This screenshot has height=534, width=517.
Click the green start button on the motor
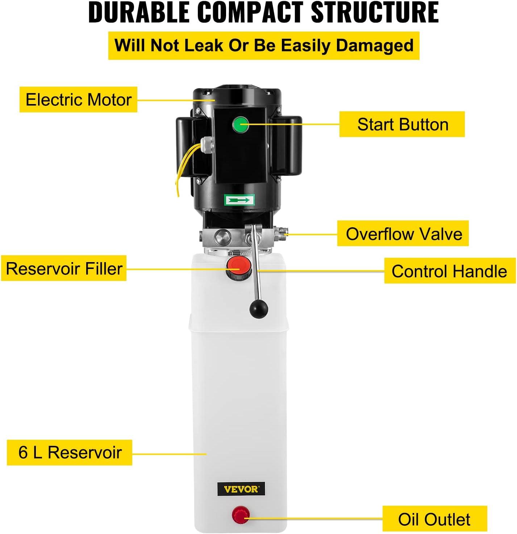pyautogui.click(x=241, y=124)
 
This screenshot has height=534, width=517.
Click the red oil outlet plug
pyautogui.click(x=241, y=515)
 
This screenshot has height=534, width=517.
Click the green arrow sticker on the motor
pyautogui.click(x=239, y=200)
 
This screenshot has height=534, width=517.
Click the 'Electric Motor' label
pyautogui.click(x=79, y=99)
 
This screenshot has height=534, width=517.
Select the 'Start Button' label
pyautogui.click(x=402, y=124)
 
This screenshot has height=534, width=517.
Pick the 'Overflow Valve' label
pyautogui.click(x=403, y=233)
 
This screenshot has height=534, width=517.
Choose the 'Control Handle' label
pyautogui.click(x=450, y=271)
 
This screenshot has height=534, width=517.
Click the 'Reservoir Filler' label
pyautogui.click(x=64, y=268)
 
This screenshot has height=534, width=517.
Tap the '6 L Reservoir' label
pyautogui.click(x=70, y=452)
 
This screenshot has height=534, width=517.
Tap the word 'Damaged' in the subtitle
pyautogui.click(x=375, y=46)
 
